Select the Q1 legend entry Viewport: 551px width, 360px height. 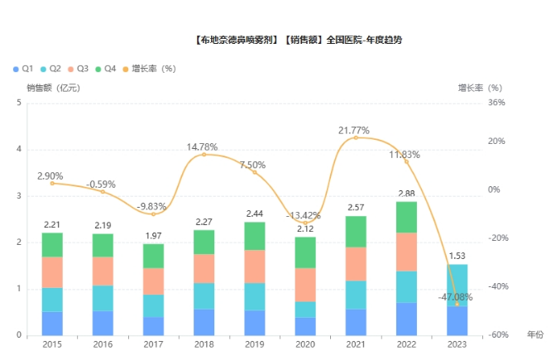[x=23, y=68]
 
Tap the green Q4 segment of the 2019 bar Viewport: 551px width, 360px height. [x=255, y=236]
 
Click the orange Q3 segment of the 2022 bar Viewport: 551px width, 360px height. [x=406, y=252]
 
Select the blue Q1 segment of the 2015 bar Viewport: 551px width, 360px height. [x=52, y=324]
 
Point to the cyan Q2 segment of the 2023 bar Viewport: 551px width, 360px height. [x=457, y=286]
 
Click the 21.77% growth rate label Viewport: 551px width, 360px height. [x=354, y=131]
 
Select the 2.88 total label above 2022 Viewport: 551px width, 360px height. [x=406, y=194]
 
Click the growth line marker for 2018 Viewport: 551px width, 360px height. [x=204, y=155]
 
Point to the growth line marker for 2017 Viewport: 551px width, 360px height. [x=153, y=214]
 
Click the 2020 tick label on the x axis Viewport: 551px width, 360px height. [x=305, y=343]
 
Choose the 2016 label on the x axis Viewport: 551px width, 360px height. [x=103, y=343]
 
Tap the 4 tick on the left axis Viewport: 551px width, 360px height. [x=18, y=150]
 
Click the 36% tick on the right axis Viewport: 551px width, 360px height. [x=496, y=103]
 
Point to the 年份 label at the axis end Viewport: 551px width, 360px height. [x=535, y=334]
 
